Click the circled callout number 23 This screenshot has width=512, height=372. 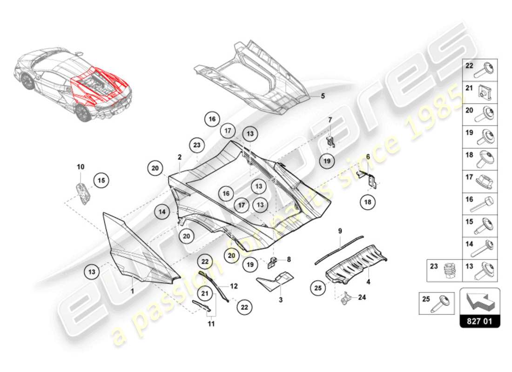tap(197, 145)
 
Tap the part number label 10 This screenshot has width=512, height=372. tap(81, 166)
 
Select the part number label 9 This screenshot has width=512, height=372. tap(340, 231)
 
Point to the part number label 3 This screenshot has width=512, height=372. tap(281, 300)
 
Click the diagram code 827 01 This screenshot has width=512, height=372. tap(480, 321)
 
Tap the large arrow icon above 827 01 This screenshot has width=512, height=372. tap(480, 300)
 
